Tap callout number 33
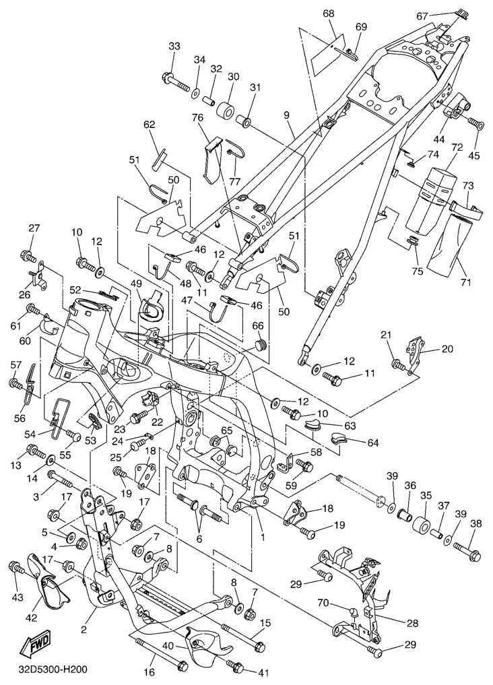(174, 46)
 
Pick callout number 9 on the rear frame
(287, 115)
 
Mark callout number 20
(449, 349)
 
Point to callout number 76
(197, 119)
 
